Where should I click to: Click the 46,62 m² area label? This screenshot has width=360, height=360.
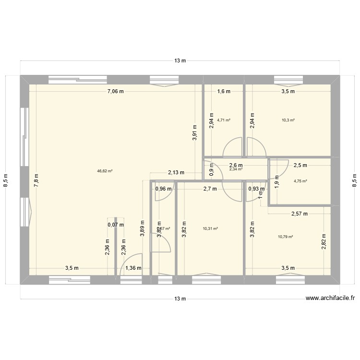pos(105,170)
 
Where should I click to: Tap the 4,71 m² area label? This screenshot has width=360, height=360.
pos(224,120)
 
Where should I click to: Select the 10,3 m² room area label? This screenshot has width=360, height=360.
pos(288,120)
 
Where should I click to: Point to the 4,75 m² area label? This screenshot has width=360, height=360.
pos(300,181)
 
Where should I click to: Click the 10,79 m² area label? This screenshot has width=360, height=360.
pos(285,236)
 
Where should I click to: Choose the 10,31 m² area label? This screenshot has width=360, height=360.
pos(210,228)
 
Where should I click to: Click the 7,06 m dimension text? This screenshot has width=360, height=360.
pos(115,91)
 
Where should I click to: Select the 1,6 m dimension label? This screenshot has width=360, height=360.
pos(224,91)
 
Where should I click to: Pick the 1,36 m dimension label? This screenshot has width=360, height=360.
pos(133,268)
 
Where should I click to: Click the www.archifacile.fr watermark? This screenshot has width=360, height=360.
pos(331,298)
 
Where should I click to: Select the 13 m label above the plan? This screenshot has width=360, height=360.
pos(180,61)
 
